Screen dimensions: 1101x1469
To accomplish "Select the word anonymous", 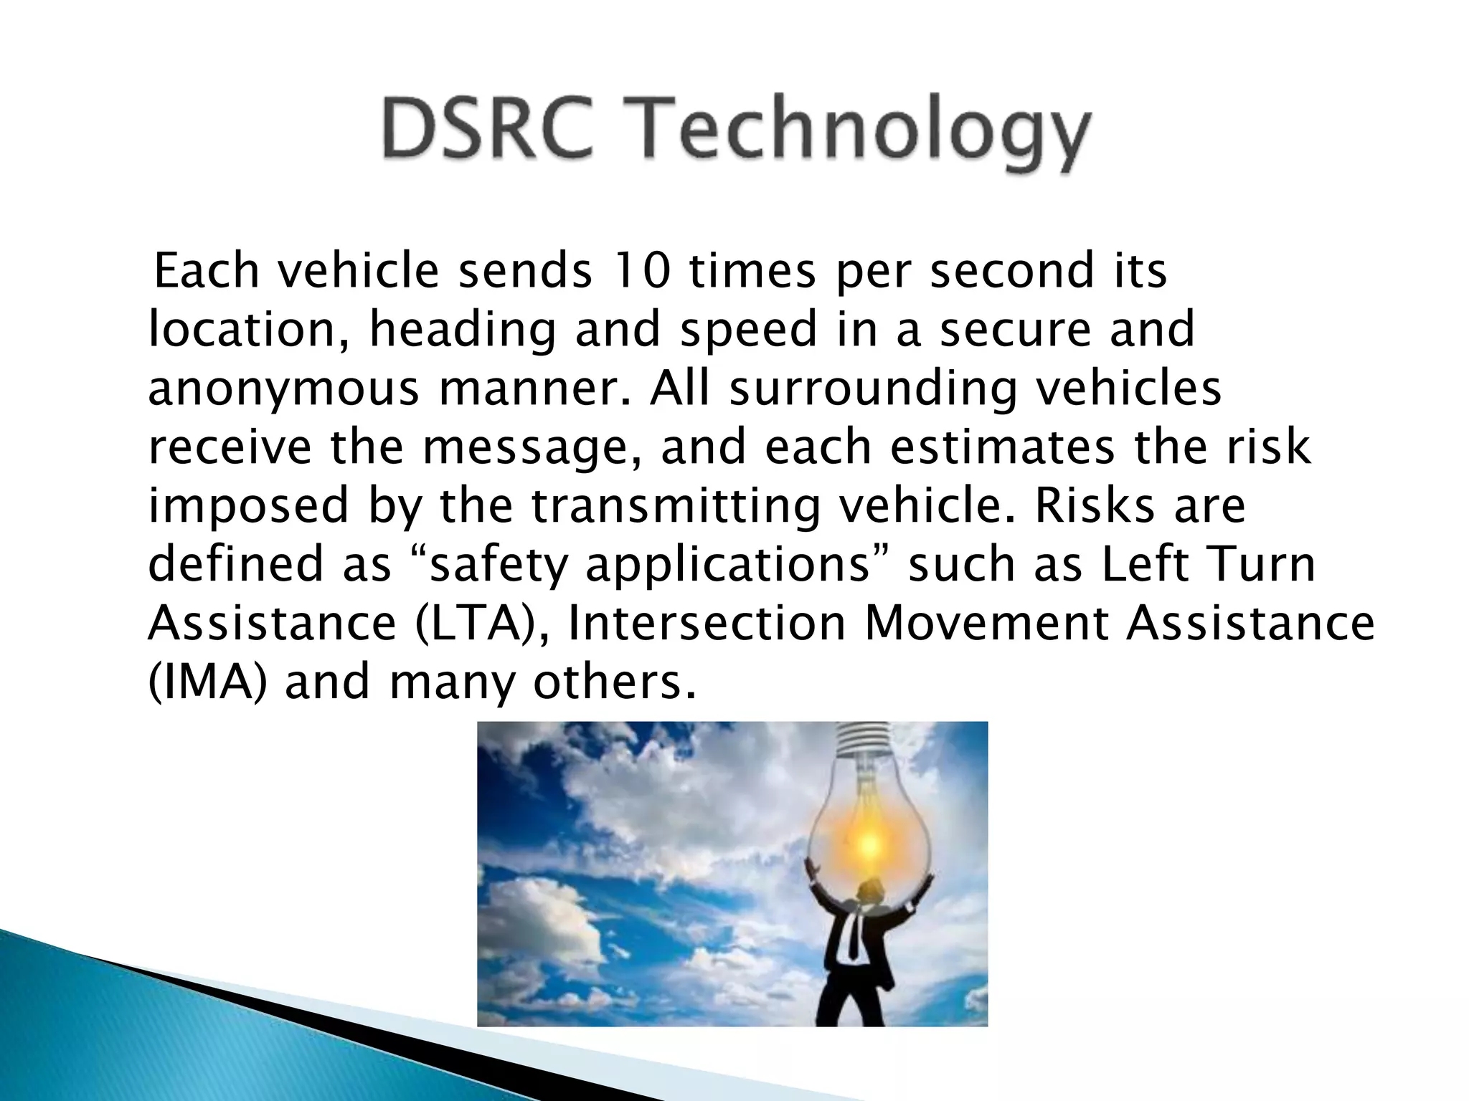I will pos(284,390).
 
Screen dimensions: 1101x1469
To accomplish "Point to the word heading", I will pos(463,331).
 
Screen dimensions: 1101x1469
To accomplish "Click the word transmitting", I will pos(676,505).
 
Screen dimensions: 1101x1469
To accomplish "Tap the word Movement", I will pos(987,623).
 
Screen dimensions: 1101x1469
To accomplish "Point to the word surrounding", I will pos(873,390).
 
